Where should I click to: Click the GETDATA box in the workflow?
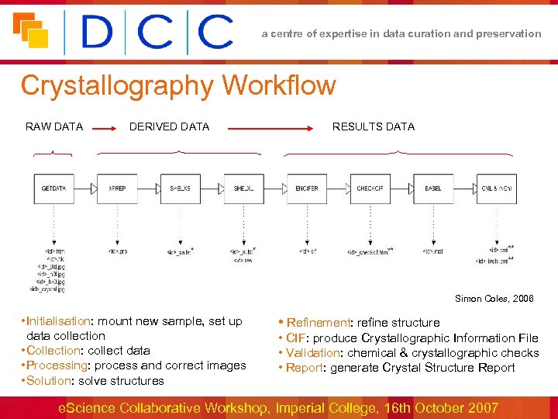click(x=53, y=189)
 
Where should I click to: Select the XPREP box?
click(x=117, y=189)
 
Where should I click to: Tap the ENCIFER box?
click(x=307, y=189)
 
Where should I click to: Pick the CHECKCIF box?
click(x=370, y=189)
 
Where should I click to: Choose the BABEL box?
click(x=433, y=189)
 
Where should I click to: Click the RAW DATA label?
click(x=54, y=126)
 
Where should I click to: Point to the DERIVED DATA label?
click(x=169, y=126)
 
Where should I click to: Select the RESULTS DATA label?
click(x=374, y=126)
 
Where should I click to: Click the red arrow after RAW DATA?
click(x=105, y=133)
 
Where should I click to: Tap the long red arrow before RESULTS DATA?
click(x=271, y=133)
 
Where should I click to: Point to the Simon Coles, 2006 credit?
click(x=494, y=299)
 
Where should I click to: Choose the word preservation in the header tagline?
click(x=507, y=33)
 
